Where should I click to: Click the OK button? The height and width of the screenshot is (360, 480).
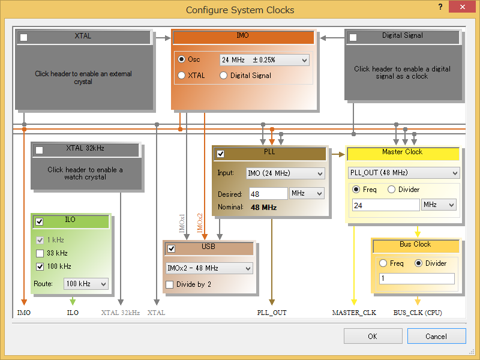click(x=373, y=336)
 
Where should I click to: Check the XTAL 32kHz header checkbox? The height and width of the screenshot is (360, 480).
click(x=39, y=150)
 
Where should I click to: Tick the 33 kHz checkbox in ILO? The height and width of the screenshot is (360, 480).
click(x=40, y=253)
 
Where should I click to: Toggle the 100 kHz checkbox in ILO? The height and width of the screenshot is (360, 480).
click(x=40, y=266)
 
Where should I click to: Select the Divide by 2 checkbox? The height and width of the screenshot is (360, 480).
click(x=169, y=284)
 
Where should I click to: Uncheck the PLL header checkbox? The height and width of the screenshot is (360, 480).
click(x=220, y=154)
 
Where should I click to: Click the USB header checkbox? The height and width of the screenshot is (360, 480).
click(x=172, y=248)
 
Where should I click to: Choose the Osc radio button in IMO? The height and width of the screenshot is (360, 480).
click(x=182, y=59)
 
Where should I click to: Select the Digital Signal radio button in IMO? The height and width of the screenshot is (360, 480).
click(x=223, y=76)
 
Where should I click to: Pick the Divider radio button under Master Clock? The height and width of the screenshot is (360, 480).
click(x=391, y=190)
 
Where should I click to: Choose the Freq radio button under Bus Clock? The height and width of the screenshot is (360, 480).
click(x=383, y=263)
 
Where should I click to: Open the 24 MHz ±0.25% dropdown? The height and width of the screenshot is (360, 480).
click(x=265, y=60)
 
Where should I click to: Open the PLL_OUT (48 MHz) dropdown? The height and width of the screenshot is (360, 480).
click(x=404, y=173)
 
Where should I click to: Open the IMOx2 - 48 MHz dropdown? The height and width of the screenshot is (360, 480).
click(x=209, y=268)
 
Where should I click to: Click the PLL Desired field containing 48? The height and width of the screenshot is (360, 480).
click(x=268, y=194)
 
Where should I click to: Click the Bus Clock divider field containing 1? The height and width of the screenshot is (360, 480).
click(x=416, y=278)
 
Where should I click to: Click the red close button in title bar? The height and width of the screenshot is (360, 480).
click(x=462, y=7)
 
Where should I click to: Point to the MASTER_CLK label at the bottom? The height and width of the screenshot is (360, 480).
click(x=354, y=313)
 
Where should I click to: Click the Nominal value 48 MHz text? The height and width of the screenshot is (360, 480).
click(x=263, y=208)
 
